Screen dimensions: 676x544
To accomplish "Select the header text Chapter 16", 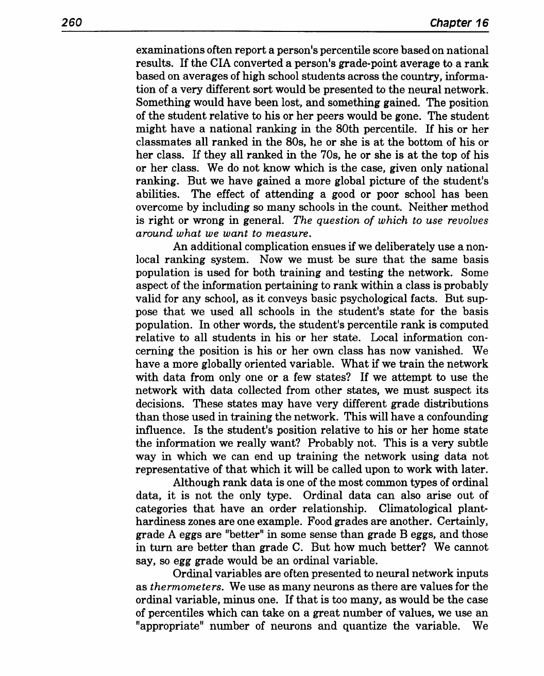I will pos(459,23).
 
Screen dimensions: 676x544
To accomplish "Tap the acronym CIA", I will pos(193,64).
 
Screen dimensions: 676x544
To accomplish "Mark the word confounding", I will pos(454,417).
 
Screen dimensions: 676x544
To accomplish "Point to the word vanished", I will pos(441,351).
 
